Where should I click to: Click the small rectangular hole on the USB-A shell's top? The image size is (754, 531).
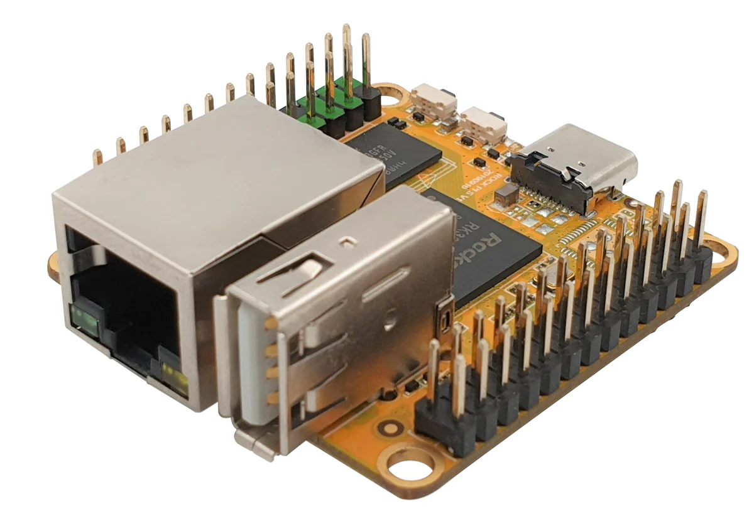(x=344, y=240)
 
